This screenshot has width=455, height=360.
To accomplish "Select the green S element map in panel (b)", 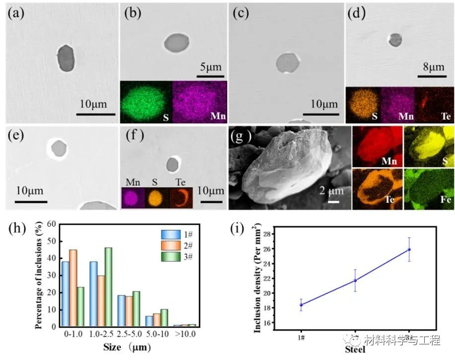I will [146, 102].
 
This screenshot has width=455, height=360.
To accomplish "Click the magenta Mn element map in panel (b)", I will [199, 102].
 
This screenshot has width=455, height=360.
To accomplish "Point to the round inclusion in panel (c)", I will [288, 63].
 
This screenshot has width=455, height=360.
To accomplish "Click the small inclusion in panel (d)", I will [395, 39].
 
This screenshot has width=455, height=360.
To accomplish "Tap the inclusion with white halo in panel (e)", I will [59, 148].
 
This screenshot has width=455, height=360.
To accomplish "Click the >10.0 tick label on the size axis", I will [185, 334].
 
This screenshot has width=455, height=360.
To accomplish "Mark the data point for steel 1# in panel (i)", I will [301, 305].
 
